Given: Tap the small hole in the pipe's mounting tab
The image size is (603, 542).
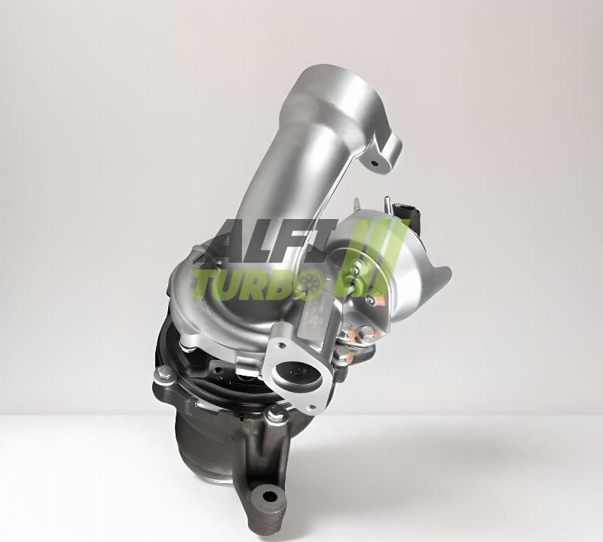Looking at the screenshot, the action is [x=375, y=163].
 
